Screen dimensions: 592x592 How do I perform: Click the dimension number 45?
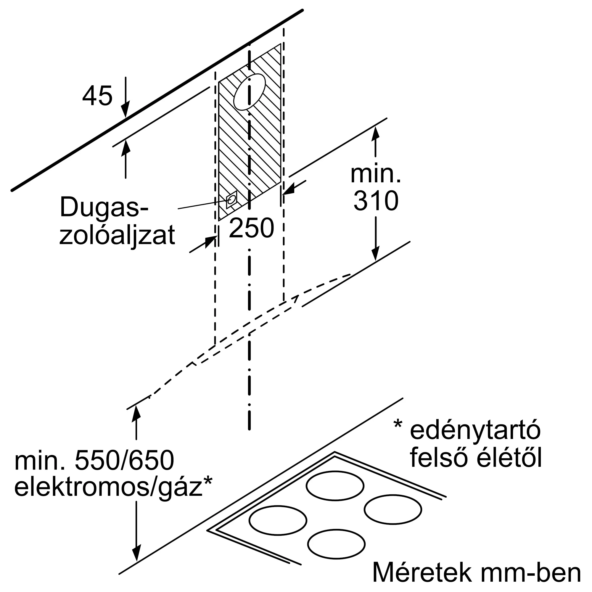coord(97,96)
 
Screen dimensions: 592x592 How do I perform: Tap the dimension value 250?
coord(251,228)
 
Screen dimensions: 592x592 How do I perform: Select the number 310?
coord(376,201)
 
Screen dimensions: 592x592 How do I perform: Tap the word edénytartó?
coord(475,430)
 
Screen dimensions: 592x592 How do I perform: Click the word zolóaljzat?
coord(117,235)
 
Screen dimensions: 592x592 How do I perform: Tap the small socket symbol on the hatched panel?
coord(232,200)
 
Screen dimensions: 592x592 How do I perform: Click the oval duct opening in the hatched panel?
coord(249,92)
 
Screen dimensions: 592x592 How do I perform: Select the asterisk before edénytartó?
coord(398,424)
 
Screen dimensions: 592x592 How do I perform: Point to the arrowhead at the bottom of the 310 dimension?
coord(375,255)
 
